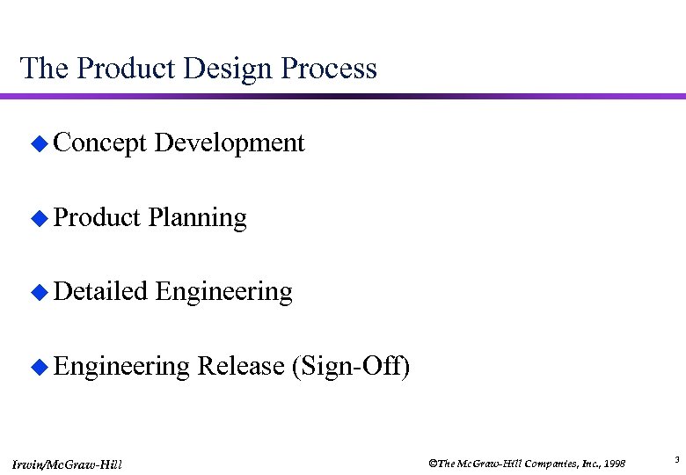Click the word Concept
point(99,142)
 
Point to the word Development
point(230,142)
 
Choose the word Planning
point(198,216)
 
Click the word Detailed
point(99,290)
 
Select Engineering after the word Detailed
point(223,290)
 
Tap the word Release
point(240,365)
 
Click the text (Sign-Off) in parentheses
point(350,365)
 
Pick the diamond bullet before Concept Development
point(37,144)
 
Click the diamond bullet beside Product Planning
point(37,218)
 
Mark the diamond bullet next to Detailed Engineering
point(37,292)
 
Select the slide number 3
point(676,459)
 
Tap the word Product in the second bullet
point(97,216)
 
